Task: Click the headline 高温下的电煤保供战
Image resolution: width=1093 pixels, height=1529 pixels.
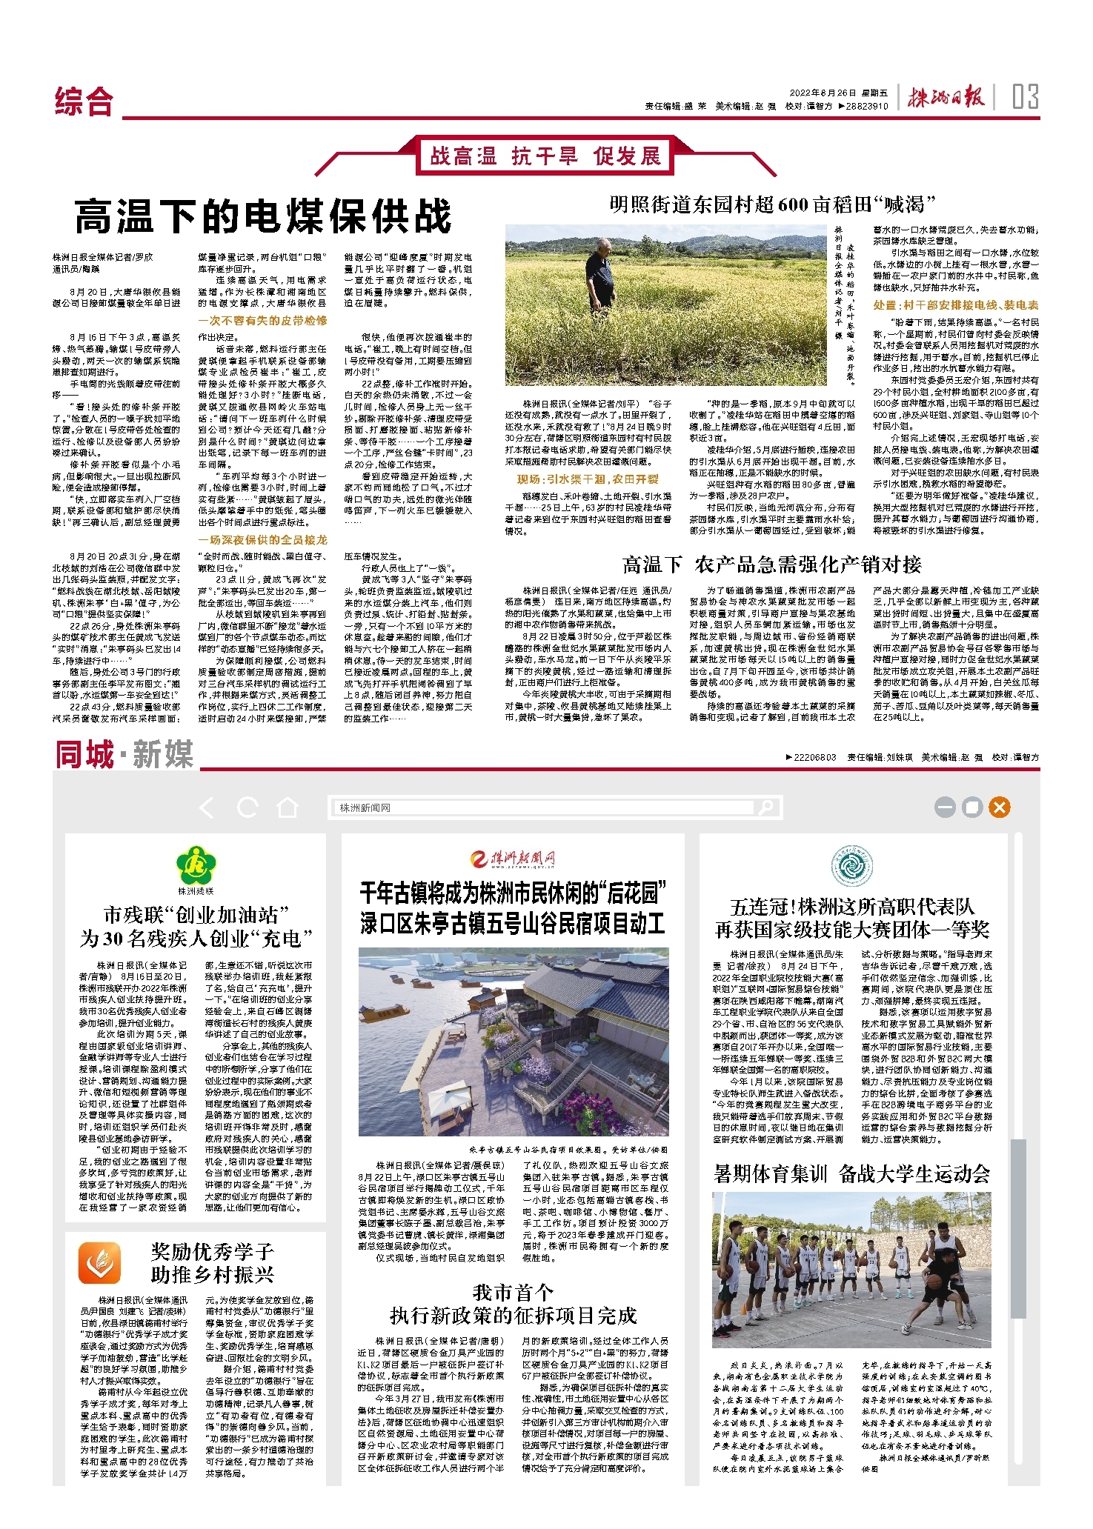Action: coord(262,216)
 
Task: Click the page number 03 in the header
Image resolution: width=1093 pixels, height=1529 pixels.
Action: coord(1025,97)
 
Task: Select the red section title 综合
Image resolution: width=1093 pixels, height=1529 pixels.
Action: coord(84,101)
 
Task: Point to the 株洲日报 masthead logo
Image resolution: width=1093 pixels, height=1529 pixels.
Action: coord(946,97)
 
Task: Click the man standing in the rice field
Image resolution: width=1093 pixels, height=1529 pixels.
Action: coord(601,277)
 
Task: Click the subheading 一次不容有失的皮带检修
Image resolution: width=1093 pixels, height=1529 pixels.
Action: coord(262,321)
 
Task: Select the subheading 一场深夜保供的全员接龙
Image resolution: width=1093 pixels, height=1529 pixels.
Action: coord(262,540)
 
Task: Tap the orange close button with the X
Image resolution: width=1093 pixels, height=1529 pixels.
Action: coord(999,807)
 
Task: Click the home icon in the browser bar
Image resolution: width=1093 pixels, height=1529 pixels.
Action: coord(288,807)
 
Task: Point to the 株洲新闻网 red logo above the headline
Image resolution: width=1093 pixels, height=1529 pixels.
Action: coord(513,859)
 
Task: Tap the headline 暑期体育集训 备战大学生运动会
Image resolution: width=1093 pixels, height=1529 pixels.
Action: coord(851,1173)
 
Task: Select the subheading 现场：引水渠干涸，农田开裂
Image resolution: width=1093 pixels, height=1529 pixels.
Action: coord(587,479)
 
